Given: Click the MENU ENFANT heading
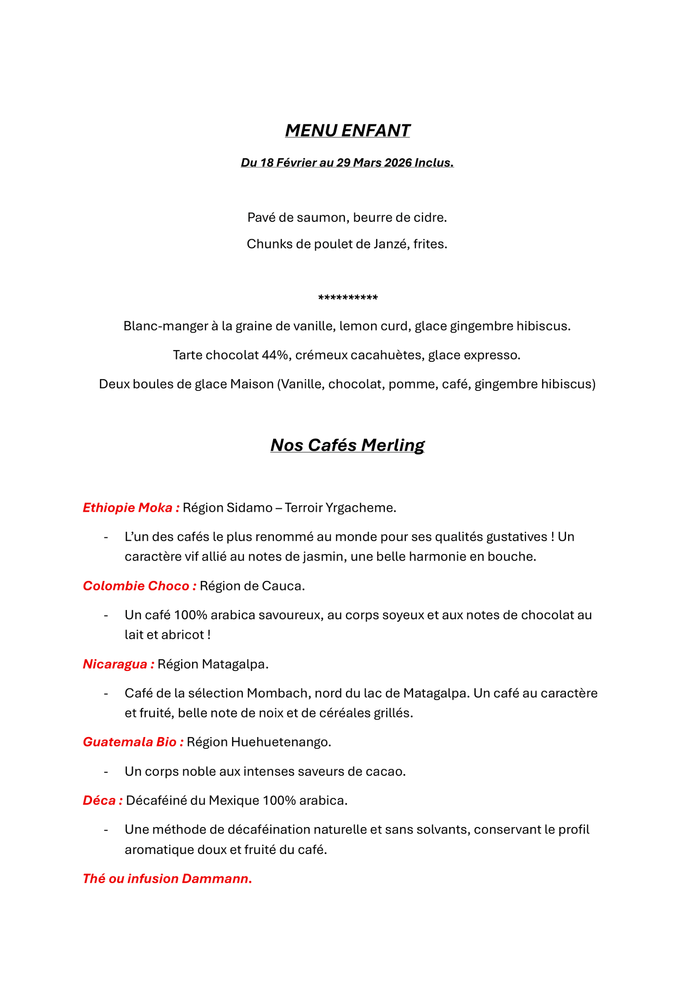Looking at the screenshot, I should [347, 130].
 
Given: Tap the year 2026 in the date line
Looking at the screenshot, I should [398, 163].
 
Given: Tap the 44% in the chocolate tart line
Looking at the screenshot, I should [276, 355].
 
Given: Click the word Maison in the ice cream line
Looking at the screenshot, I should [252, 384].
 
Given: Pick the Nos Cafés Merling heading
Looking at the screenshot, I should [347, 445].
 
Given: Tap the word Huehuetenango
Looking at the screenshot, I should [280, 742].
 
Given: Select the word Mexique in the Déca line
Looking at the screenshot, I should [234, 801].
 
